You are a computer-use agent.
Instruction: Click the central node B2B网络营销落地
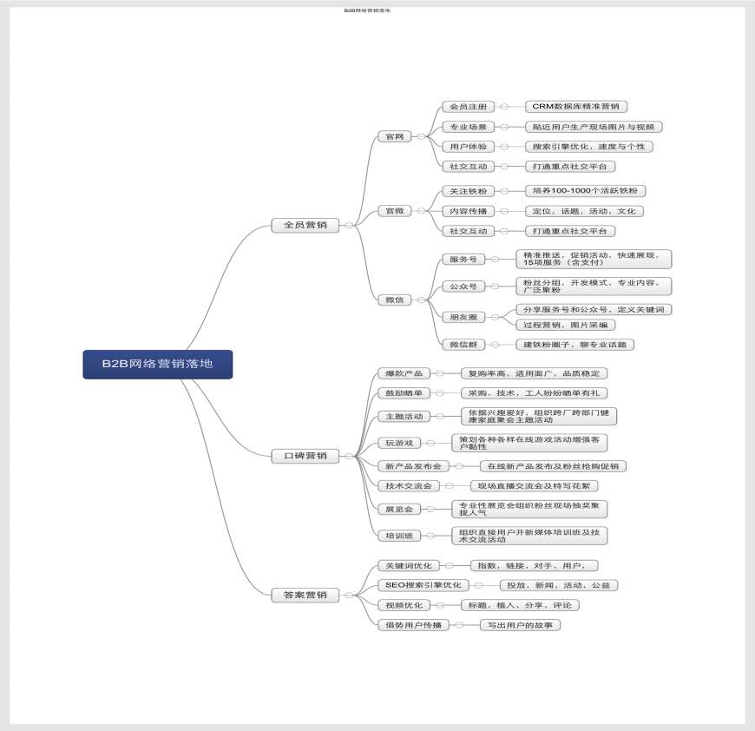coord(158,365)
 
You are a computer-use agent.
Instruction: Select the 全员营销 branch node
coord(305,226)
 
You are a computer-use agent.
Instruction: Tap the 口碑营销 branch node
coord(305,456)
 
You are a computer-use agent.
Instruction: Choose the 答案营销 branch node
coord(305,596)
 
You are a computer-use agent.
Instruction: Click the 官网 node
coord(393,137)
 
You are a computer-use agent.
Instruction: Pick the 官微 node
coord(393,211)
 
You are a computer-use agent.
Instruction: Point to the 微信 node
coord(395,300)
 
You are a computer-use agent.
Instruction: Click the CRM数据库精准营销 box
coord(576,107)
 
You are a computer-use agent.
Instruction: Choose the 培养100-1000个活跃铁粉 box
coord(586,191)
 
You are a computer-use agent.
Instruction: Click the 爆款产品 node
coord(404,373)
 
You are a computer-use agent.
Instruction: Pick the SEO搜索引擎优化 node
coord(423,585)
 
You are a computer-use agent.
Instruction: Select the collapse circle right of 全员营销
coord(349,226)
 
